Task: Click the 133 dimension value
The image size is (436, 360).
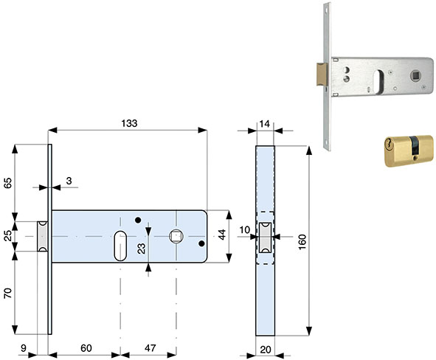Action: [x=129, y=123]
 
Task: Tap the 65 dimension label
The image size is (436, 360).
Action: [x=8, y=183]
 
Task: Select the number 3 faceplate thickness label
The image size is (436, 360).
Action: [x=69, y=181]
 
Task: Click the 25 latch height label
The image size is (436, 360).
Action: [x=8, y=236]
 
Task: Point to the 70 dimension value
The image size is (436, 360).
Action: [x=8, y=294]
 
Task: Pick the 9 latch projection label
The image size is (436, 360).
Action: [x=24, y=348]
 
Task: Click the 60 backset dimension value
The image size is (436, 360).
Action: [x=86, y=348]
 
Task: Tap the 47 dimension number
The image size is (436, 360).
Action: [x=150, y=348]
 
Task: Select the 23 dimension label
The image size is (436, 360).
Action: [x=142, y=249]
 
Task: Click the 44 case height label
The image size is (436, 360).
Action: [x=221, y=235]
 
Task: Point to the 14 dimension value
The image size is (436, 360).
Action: [x=264, y=124]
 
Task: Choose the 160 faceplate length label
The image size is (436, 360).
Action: [x=302, y=242]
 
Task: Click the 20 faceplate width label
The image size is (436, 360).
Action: [x=266, y=350]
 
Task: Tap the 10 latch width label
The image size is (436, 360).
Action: [x=245, y=230]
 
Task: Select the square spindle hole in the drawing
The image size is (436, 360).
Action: [x=176, y=236]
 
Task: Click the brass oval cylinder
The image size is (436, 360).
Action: [x=409, y=150]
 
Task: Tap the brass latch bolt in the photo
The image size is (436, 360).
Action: [x=322, y=74]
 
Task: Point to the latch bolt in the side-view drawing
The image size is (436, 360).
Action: [x=266, y=238]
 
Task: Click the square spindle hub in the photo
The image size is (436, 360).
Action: [x=415, y=75]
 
